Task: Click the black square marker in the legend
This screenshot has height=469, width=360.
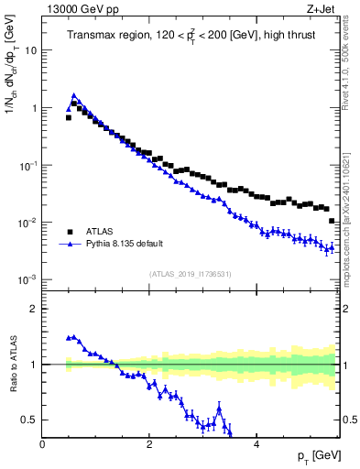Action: coord(71,232)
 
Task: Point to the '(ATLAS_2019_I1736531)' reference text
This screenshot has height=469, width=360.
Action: coord(191,274)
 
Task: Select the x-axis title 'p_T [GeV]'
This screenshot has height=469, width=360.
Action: coord(313,456)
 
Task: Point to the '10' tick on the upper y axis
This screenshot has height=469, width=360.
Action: coord(29,50)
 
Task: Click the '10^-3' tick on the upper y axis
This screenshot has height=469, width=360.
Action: coord(27,279)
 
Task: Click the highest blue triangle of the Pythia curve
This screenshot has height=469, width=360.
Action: coord(74,94)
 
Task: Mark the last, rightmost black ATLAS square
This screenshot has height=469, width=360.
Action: coord(332,221)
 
